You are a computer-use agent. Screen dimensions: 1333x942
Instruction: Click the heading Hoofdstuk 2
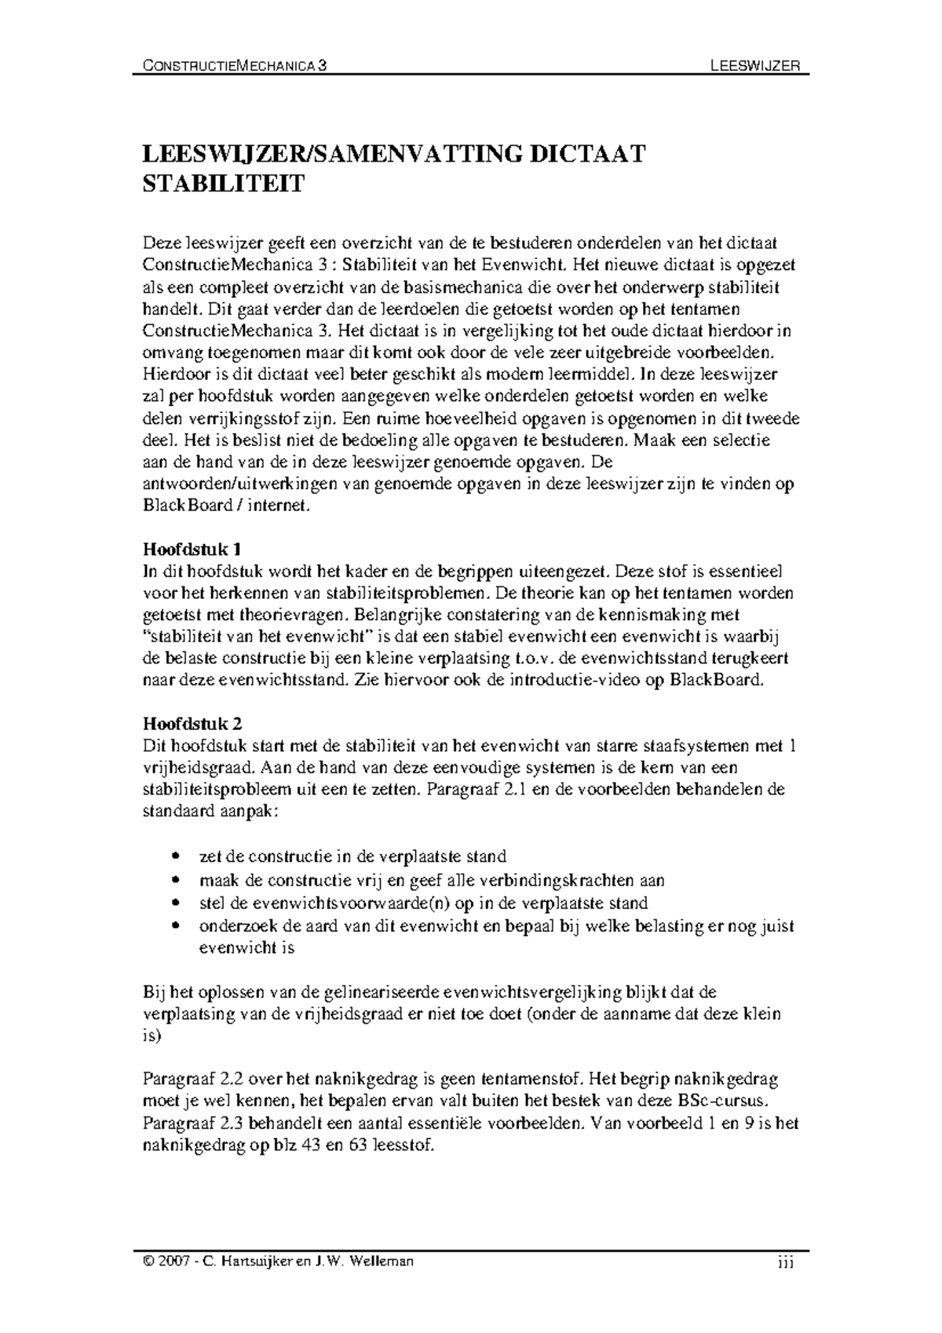click(x=187, y=722)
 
